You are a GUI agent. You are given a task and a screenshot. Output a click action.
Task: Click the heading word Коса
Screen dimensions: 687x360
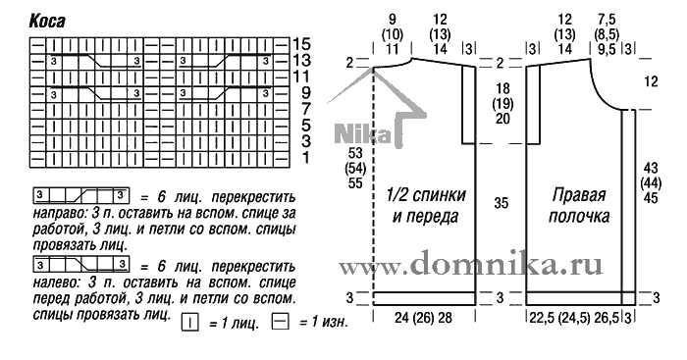(x=47, y=21)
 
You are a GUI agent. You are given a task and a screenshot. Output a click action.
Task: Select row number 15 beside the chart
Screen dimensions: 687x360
(x=301, y=44)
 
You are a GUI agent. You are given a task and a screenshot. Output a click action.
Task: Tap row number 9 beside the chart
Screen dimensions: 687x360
(x=306, y=92)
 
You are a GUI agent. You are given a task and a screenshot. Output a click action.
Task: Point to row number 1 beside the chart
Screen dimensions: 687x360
(x=306, y=157)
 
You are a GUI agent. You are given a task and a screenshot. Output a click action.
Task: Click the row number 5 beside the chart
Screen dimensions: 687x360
(x=306, y=126)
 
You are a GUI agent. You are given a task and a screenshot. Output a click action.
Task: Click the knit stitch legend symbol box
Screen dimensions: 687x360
(x=189, y=323)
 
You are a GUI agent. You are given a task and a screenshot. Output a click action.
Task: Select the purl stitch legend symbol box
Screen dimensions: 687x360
(x=281, y=322)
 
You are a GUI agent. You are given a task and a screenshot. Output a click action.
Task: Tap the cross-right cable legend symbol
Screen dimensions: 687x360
(x=81, y=195)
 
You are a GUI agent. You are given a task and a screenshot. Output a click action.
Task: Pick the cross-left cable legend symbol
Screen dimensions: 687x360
(x=81, y=265)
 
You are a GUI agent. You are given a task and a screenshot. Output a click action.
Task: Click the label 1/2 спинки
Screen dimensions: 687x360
(x=426, y=195)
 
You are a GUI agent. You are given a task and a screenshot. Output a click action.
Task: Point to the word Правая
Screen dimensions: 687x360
(x=579, y=195)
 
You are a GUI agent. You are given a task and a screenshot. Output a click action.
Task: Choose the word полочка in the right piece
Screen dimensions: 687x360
(x=579, y=217)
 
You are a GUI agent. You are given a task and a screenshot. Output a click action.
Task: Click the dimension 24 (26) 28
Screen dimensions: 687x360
(x=423, y=318)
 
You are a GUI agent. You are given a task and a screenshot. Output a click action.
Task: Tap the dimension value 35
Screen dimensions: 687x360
(x=502, y=203)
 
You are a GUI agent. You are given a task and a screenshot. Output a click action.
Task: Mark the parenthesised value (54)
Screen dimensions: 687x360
(x=355, y=168)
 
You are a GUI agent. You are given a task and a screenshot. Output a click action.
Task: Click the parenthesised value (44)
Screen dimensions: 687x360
(x=651, y=182)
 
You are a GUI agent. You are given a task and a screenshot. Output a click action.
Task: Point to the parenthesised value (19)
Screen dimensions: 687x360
(x=502, y=104)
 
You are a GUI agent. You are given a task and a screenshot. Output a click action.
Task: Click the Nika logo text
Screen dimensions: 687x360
(x=362, y=133)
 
